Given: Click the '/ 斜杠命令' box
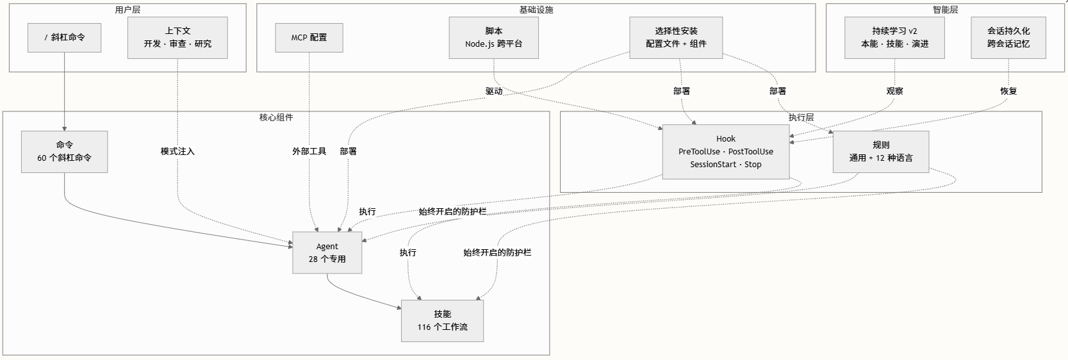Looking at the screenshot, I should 65,38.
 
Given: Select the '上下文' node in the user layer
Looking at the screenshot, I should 177,38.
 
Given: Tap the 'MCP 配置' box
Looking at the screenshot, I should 309,38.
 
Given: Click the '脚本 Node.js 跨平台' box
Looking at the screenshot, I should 493,38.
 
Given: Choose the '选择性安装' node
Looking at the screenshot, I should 676,38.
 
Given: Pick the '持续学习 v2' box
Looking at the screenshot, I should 894,38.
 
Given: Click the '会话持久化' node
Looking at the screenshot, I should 1008,38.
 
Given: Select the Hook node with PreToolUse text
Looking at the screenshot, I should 726,152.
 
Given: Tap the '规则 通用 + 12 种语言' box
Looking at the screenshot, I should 881,152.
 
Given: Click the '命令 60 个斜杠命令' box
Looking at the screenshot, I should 65,152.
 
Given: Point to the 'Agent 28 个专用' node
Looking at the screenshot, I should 327,253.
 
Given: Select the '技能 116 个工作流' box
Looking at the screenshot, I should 442,321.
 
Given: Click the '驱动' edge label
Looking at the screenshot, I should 494,92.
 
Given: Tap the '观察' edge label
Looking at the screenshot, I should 894,92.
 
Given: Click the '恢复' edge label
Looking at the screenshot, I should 1008,92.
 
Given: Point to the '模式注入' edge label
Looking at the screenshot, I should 177,152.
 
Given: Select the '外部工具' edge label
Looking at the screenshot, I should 309,152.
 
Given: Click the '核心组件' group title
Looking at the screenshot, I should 276,118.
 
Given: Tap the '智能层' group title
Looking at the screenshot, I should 945,10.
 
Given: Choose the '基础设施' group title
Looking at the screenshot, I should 536,10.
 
